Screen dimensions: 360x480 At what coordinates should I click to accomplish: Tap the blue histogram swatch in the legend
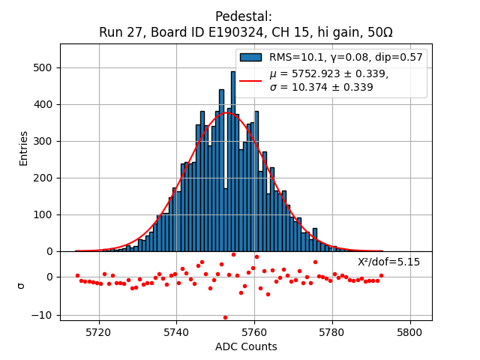(250, 57)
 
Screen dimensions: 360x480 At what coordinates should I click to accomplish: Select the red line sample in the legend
(250, 80)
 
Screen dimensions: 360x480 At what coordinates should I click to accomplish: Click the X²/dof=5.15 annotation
(388, 262)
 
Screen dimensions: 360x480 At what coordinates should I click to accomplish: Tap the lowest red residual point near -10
(225, 317)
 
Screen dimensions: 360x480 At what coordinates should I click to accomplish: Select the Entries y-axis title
(24, 148)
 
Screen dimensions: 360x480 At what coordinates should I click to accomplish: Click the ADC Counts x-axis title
(246, 347)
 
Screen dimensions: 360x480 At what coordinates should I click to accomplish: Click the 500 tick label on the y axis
(43, 67)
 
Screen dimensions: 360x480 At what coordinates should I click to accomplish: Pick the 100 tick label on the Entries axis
(43, 214)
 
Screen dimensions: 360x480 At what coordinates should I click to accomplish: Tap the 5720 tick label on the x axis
(99, 332)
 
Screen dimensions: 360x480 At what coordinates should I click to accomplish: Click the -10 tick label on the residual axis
(43, 315)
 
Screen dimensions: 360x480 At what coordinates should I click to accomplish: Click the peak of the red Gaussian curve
(229, 113)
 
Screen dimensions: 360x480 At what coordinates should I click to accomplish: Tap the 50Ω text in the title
(379, 33)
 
